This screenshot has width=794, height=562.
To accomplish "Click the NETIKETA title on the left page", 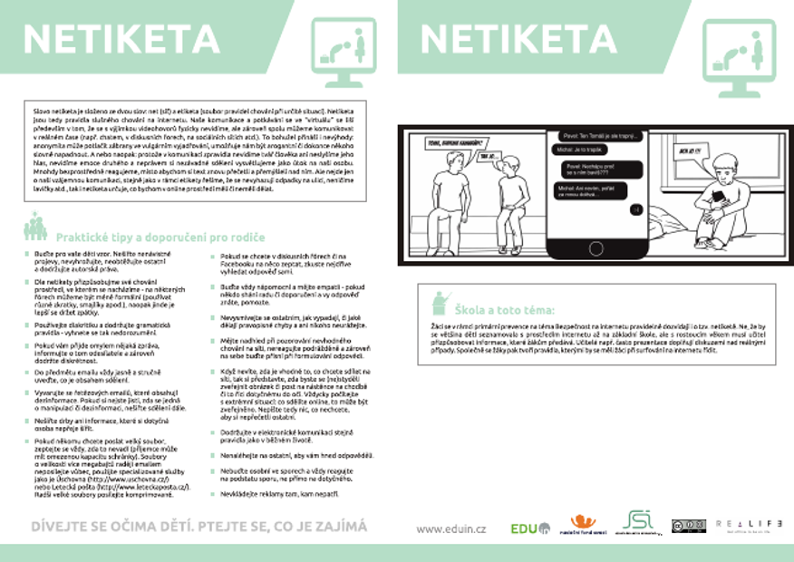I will point(121,38).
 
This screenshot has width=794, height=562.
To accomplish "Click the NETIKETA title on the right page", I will point(518,38).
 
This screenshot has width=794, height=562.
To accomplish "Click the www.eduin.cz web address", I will point(451,528).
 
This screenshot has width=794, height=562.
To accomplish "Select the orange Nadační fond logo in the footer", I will point(584,524).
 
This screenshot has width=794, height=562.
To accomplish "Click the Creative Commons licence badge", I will point(688,526).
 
